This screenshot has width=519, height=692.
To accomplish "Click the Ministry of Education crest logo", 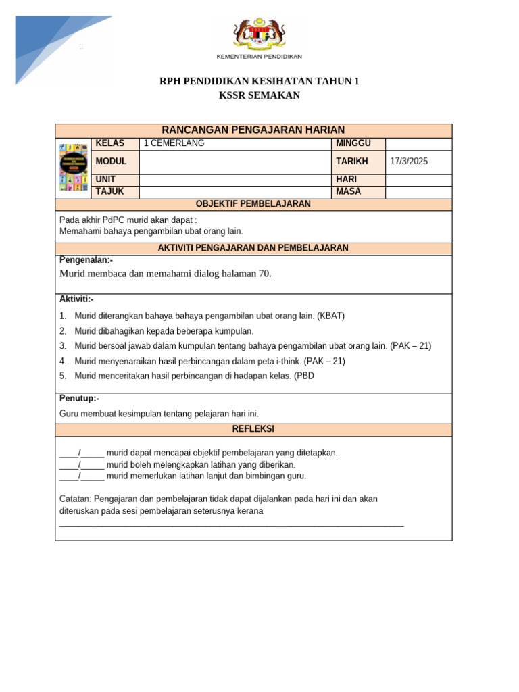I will (259, 34).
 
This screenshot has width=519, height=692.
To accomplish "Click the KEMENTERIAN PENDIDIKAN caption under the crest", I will (259, 57).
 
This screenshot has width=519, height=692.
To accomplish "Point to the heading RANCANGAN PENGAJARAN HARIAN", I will (253, 130).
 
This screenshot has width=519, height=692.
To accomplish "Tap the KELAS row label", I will (110, 143).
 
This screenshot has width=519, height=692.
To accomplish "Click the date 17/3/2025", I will (410, 162).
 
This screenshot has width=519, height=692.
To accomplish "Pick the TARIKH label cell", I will (351, 162).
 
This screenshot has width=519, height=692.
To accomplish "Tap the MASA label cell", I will (349, 192).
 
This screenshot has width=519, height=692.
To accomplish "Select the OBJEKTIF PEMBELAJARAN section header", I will (253, 204).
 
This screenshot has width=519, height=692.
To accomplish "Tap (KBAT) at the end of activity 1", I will (331, 316).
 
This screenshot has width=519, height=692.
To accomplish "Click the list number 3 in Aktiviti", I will (62, 346).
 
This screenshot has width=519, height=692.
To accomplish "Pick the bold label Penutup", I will (78, 399).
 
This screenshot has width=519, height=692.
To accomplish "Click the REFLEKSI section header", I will (253, 430).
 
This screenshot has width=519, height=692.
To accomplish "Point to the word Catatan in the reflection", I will (76, 499).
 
